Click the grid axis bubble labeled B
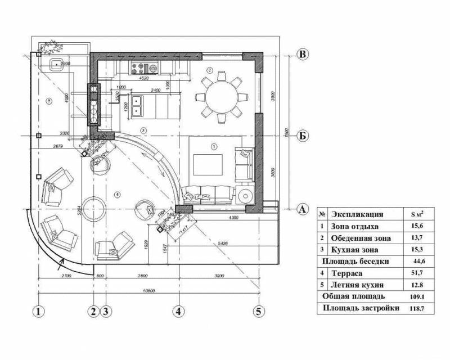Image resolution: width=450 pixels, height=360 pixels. pos(303,55)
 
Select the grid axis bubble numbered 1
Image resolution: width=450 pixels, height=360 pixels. pos(38,311)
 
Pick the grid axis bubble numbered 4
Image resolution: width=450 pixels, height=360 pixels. pos(178,311)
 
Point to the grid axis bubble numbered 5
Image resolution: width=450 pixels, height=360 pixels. pos(259,311)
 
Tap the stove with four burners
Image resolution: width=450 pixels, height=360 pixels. pos(137,69)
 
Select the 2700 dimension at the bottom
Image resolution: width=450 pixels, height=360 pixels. pos(65,276)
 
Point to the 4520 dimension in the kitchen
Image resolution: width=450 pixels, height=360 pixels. pos(143,79)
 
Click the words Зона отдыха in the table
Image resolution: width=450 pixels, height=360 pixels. pos(355,226)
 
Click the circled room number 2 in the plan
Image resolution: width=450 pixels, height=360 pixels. pos(209,70)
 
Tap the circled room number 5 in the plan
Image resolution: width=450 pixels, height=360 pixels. pos(49,101)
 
